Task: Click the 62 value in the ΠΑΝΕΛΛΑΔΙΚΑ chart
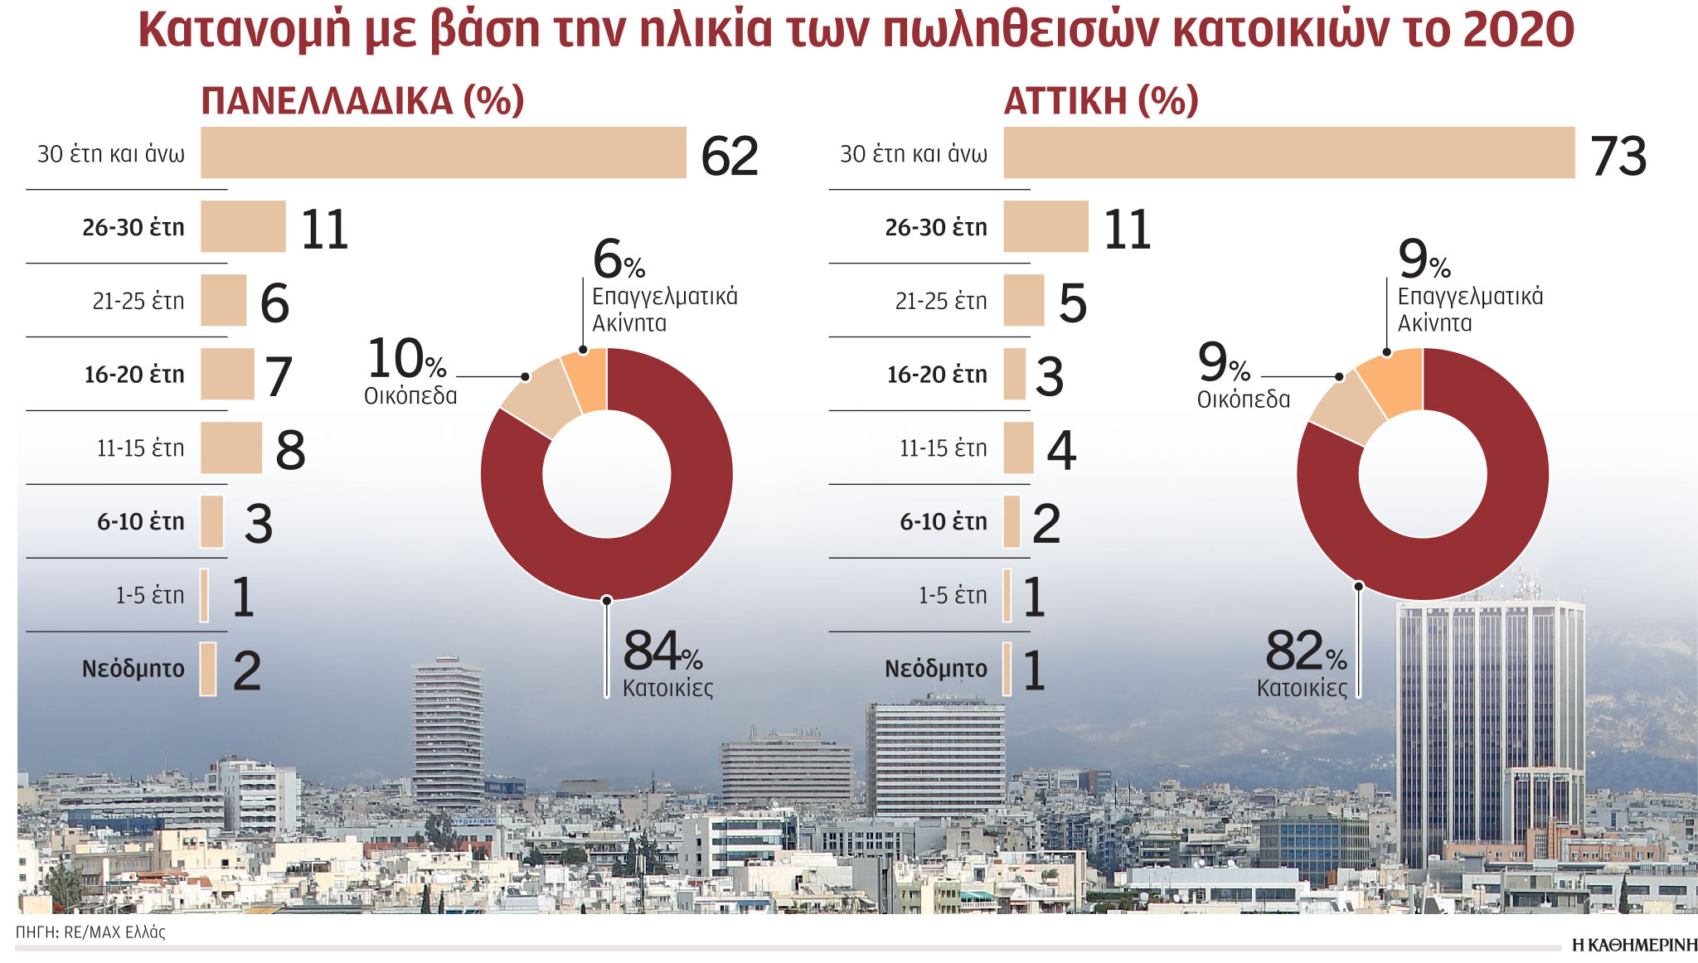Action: pyautogui.click(x=730, y=156)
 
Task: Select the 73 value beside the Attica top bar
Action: pyautogui.click(x=1618, y=156)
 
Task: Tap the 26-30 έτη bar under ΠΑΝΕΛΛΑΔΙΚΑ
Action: pyautogui.click(x=243, y=226)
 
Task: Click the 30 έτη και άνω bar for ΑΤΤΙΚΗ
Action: pyautogui.click(x=1288, y=152)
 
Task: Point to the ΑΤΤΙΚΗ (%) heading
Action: pyautogui.click(x=1101, y=101)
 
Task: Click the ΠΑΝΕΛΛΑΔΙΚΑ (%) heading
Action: pyautogui.click(x=362, y=101)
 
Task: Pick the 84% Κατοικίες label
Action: pyautogui.click(x=666, y=663)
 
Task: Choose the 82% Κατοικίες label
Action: pyautogui.click(x=1304, y=663)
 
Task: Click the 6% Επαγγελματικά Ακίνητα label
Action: pyautogui.click(x=663, y=286)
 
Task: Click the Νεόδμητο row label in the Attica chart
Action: pyautogui.click(x=936, y=669)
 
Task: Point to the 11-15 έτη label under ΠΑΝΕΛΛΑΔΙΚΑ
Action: pyautogui.click(x=140, y=448)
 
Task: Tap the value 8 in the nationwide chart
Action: pyautogui.click(x=290, y=450)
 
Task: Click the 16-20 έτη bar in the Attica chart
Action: pyautogui.click(x=1014, y=374)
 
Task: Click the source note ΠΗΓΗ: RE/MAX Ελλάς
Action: pyautogui.click(x=90, y=932)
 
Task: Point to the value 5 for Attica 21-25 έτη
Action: pyautogui.click(x=1072, y=302)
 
